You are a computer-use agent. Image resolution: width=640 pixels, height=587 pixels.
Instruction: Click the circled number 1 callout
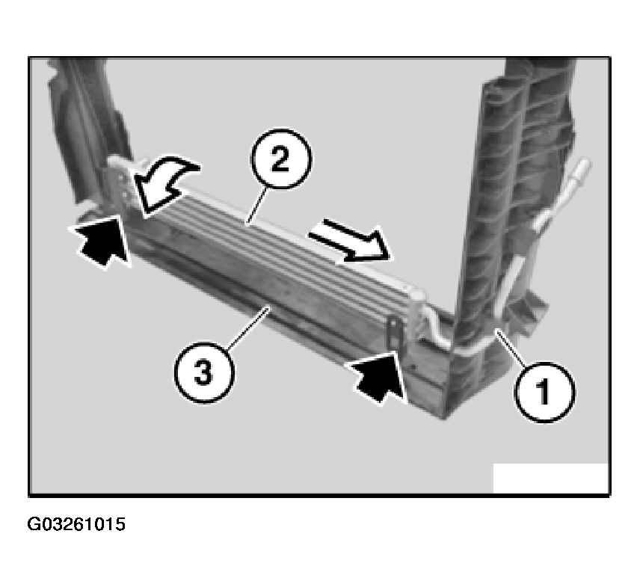pos(544,393)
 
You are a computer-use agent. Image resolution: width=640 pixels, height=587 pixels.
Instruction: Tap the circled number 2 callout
pos(281,159)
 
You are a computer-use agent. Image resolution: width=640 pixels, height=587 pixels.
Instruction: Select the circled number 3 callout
pos(204,372)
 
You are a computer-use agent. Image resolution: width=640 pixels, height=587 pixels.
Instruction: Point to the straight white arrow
pos(350,241)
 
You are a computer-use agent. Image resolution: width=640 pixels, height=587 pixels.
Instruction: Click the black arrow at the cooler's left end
pos(102,241)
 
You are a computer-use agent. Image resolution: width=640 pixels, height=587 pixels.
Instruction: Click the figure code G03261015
pos(76,524)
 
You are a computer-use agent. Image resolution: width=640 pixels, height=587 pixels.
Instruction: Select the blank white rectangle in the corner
pos(550,478)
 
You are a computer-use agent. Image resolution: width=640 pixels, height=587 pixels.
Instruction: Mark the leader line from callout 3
pos(247,328)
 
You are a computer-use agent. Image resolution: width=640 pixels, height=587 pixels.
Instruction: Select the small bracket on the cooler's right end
pos(395,333)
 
